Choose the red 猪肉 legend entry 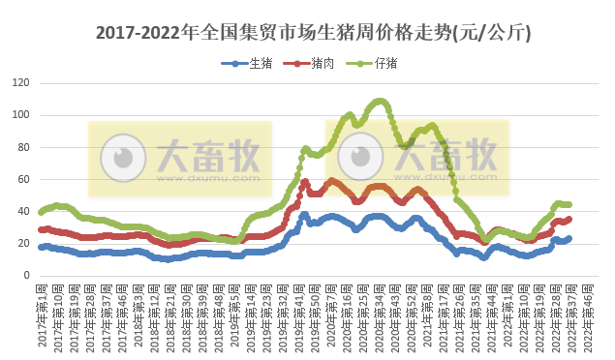[x=317, y=64]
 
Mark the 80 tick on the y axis [x=22, y=147]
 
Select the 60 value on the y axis [x=22, y=179]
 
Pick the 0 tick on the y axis [x=25, y=275]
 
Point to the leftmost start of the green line [x=41, y=211]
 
